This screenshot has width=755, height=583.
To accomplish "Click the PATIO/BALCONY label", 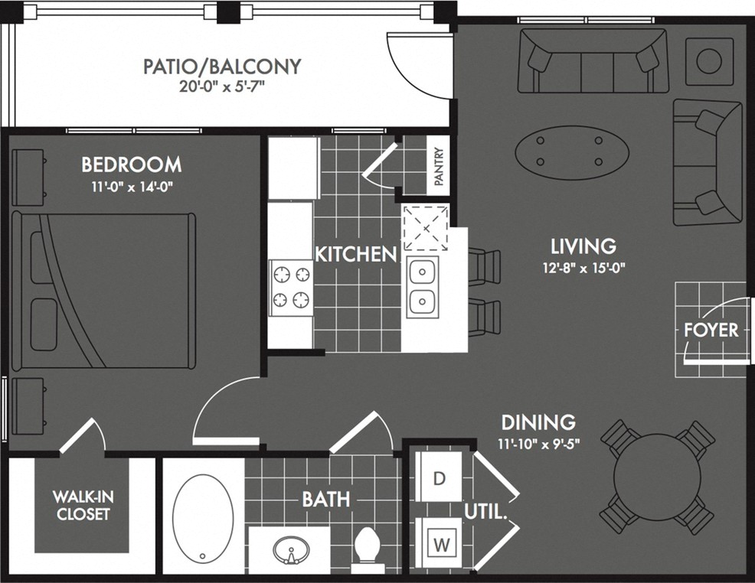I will (x=222, y=67).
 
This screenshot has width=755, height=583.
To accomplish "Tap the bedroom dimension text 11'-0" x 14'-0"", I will (x=132, y=186).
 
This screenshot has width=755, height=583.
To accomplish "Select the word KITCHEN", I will (x=355, y=254).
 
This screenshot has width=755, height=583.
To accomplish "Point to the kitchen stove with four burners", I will (x=291, y=287).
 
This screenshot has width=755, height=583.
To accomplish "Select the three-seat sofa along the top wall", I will (x=592, y=61).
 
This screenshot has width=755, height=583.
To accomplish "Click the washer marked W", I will (x=440, y=545).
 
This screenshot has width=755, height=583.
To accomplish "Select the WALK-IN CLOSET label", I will (x=81, y=506).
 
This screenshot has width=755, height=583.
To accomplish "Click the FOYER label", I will (x=711, y=331).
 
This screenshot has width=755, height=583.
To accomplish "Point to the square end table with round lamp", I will (x=709, y=61).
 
